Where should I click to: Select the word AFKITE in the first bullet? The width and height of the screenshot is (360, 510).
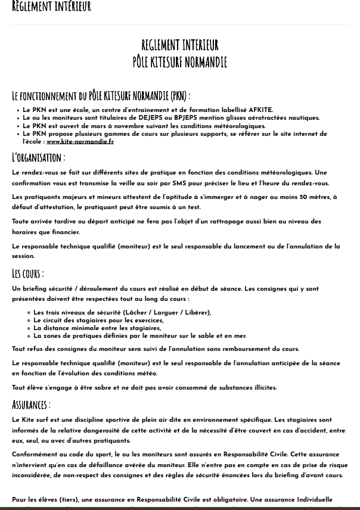click(257, 110)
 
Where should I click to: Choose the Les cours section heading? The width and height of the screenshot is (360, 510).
click(29, 273)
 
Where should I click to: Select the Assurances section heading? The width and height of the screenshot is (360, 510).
click(32, 405)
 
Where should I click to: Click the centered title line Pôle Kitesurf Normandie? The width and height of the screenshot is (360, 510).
click(180, 61)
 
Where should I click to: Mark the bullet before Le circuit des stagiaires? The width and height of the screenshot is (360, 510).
click(29, 320)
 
